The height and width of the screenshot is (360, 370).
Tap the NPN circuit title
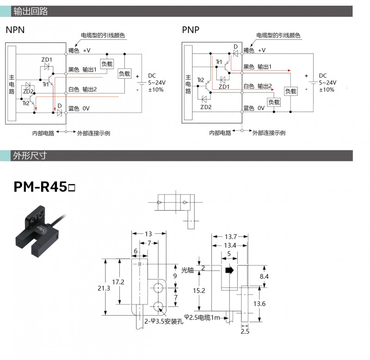(x=15, y=30)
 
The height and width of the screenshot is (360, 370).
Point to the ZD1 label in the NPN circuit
(x=47, y=60)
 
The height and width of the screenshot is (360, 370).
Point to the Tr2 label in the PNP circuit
(x=200, y=80)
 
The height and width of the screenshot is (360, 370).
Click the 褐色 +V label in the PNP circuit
(x=254, y=50)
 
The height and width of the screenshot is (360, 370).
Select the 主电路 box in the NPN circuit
(x=12, y=84)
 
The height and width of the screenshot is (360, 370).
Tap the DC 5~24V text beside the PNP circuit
(x=327, y=82)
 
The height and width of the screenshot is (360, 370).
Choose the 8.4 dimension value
(x=264, y=276)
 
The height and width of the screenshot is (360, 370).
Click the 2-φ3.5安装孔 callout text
(x=164, y=321)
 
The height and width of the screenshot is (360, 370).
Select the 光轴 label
(x=187, y=270)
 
